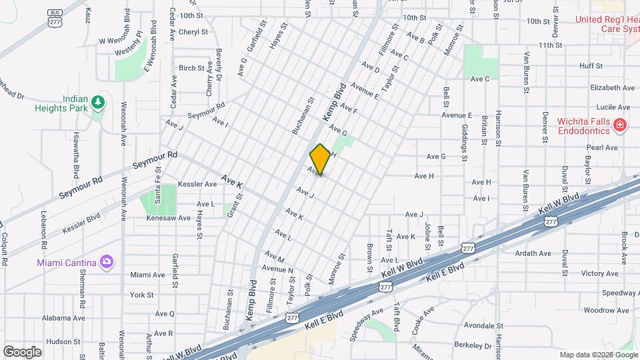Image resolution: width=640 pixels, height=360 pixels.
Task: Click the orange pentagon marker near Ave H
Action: tap(320, 159)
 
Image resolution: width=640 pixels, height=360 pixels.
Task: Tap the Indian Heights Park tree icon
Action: tap(99, 102)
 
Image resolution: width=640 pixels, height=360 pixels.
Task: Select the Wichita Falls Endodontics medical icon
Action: tap(619, 125)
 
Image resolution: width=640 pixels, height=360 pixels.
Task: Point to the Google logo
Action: tap(22, 351)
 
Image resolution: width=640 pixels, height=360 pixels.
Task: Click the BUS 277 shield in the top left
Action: tap(55, 18)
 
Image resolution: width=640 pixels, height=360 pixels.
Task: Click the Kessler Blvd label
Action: tap(81, 223)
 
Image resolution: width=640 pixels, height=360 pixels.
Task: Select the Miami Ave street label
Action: tap(147, 275)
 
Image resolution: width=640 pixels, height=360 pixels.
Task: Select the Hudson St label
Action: tap(63, 341)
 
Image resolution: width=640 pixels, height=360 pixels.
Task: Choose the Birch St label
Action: tap(191, 68)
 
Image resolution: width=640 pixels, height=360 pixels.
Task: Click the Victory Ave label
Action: tap(600, 273)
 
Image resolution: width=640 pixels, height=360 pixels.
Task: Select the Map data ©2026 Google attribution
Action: tap(598, 355)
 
